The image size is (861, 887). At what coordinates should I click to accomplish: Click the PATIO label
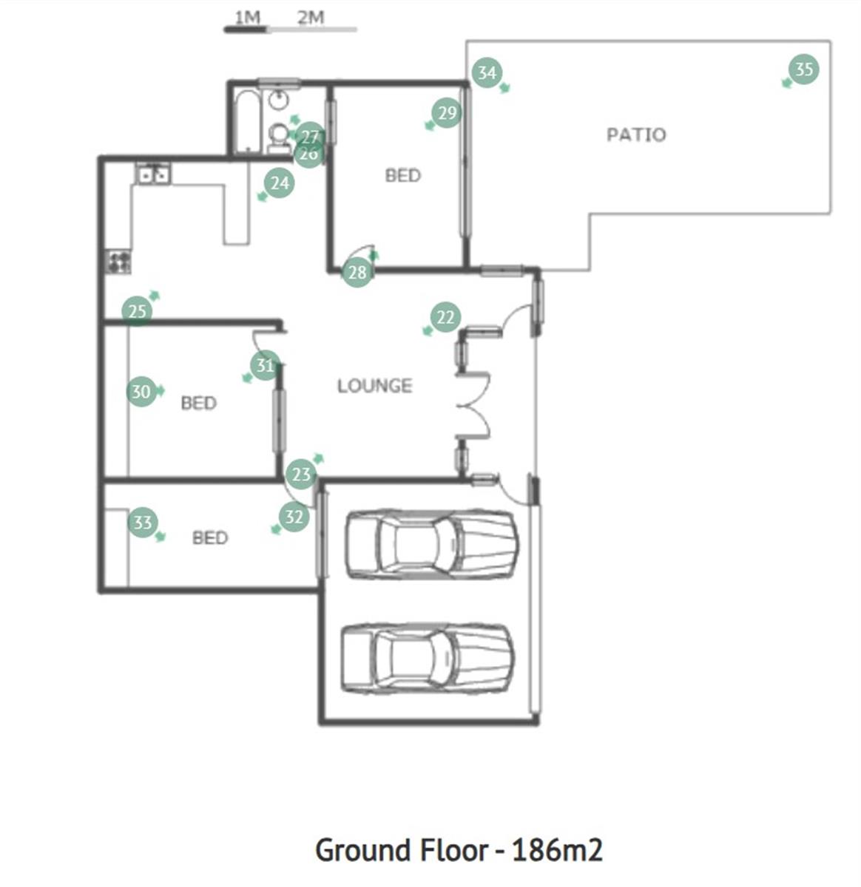coord(636,135)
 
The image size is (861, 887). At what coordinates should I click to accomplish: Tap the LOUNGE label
coord(375,386)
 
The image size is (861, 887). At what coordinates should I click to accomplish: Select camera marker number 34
coord(487,72)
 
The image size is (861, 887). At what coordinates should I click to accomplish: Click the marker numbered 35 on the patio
coord(804,69)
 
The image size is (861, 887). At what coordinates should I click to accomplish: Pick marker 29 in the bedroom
coord(447,112)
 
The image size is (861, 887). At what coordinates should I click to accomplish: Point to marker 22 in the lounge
coord(445,317)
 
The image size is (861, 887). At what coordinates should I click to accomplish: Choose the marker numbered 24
coord(280,183)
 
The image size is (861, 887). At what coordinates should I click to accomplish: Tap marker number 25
coord(137,311)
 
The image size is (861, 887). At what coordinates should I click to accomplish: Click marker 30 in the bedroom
coord(141,391)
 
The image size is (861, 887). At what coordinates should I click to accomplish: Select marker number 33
coord(143,523)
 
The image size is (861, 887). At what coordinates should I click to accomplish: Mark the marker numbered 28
coord(357,273)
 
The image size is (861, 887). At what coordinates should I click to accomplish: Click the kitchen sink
coord(153,174)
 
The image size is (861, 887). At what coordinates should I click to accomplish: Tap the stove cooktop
coord(119,262)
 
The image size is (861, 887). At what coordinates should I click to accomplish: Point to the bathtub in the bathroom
coord(247,121)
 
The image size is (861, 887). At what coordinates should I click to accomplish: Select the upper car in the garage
coord(431,544)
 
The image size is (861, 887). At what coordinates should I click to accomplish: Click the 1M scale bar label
coord(247,18)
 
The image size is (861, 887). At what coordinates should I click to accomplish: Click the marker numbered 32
coord(294,517)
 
